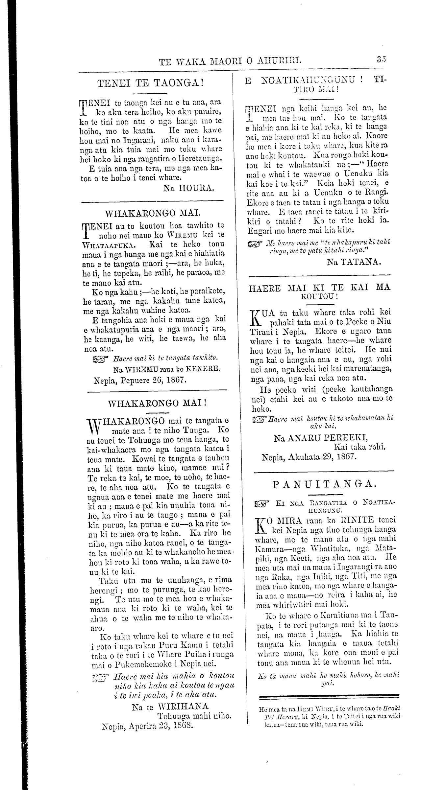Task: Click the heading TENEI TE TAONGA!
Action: tap(151, 83)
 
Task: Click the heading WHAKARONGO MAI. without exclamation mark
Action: tap(151, 214)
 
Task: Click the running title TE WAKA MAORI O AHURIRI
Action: tap(230, 60)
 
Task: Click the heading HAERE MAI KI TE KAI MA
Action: tap(320, 288)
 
